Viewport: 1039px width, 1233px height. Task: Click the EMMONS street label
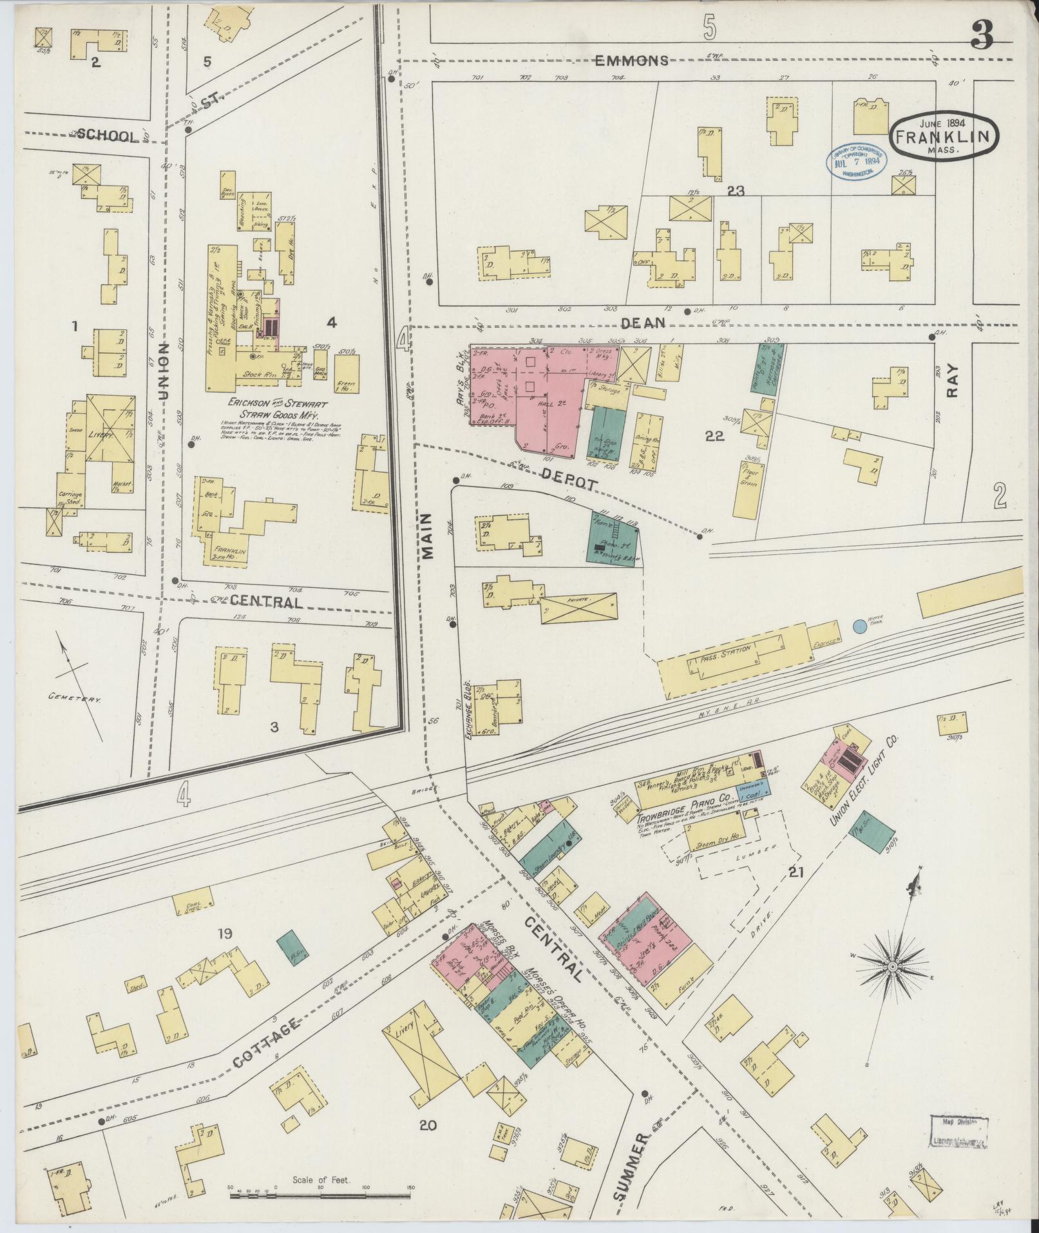click(631, 61)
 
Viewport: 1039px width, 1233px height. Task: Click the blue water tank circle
click(859, 626)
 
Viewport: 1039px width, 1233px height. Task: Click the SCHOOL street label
click(107, 135)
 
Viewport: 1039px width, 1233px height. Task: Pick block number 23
click(736, 191)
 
